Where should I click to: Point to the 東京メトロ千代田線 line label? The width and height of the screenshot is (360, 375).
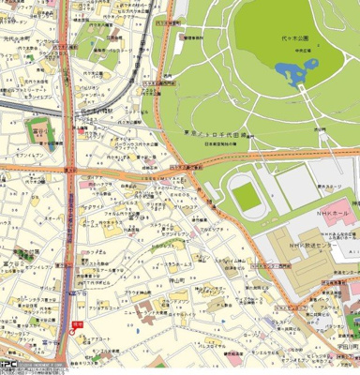click(217, 135)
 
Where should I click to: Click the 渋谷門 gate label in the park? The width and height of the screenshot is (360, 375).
click(319, 129)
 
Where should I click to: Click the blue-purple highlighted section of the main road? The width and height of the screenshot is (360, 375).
click(71, 253)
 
